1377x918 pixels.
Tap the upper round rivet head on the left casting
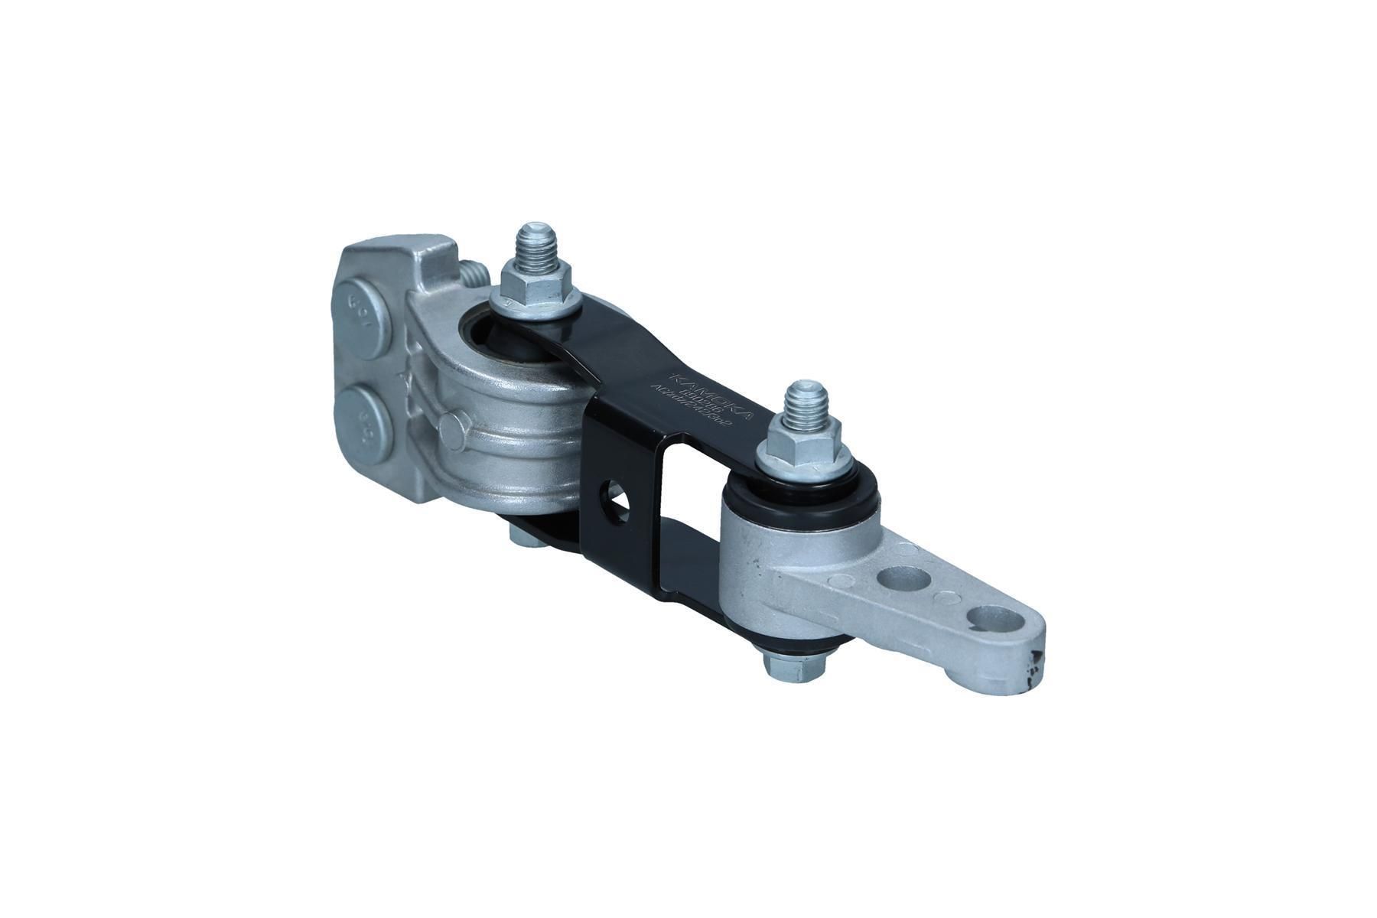point(365,304)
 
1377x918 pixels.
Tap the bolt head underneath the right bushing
point(796,668)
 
